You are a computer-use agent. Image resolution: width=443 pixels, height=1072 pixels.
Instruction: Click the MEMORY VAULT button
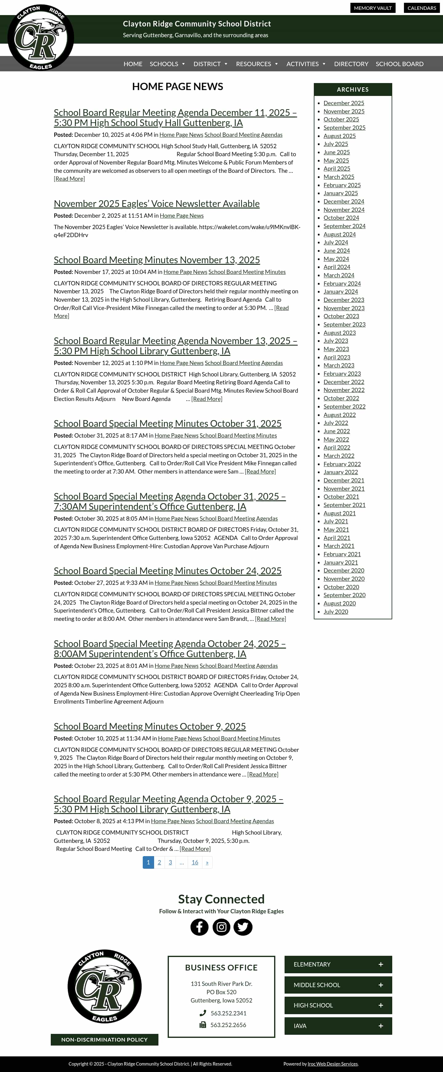click(x=373, y=8)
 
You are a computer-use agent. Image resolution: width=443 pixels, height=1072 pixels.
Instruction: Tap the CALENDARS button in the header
click(x=421, y=8)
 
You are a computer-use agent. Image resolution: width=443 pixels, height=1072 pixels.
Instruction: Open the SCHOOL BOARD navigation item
click(x=399, y=64)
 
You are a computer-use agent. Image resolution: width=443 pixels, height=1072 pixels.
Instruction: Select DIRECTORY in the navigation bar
click(x=351, y=64)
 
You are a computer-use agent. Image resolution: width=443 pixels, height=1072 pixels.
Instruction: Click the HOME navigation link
click(x=133, y=64)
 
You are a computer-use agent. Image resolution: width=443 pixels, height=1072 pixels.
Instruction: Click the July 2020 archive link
click(x=336, y=611)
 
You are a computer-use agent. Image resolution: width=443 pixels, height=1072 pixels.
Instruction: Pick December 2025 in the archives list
click(x=344, y=103)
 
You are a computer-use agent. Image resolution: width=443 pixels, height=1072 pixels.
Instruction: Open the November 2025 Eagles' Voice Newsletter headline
click(x=157, y=204)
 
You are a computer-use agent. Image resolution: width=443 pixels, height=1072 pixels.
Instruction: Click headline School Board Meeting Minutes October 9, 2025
click(x=150, y=726)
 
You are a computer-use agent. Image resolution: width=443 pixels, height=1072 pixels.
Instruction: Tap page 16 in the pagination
click(x=195, y=862)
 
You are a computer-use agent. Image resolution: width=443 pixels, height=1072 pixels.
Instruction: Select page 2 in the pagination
click(x=159, y=862)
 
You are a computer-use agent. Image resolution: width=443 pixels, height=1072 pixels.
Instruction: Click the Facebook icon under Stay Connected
click(x=199, y=927)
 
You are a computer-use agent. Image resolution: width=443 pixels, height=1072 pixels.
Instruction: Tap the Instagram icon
click(x=221, y=927)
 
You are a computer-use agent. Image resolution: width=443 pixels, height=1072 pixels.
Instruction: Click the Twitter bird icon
click(x=243, y=927)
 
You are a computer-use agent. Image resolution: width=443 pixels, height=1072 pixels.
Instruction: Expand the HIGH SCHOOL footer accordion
click(x=338, y=1005)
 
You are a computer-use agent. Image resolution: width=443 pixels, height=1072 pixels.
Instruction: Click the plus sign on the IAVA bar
click(x=381, y=1026)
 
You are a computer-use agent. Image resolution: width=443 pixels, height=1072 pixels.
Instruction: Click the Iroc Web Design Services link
click(x=332, y=1063)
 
